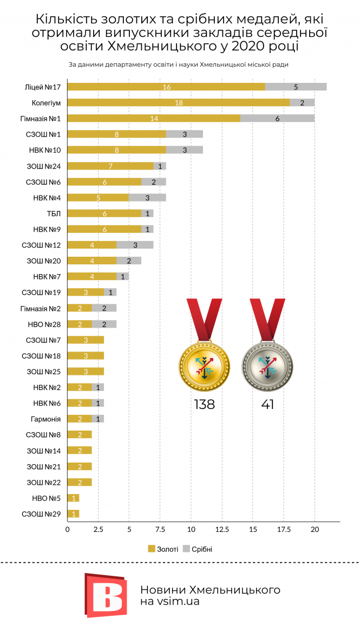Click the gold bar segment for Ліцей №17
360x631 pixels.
click(166, 87)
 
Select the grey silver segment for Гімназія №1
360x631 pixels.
click(277, 119)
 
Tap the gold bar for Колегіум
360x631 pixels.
click(179, 103)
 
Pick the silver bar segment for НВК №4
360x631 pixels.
click(147, 197)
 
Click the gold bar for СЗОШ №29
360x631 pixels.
click(74, 513)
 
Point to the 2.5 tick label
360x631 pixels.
click(98, 529)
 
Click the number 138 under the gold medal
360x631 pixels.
click(204, 404)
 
